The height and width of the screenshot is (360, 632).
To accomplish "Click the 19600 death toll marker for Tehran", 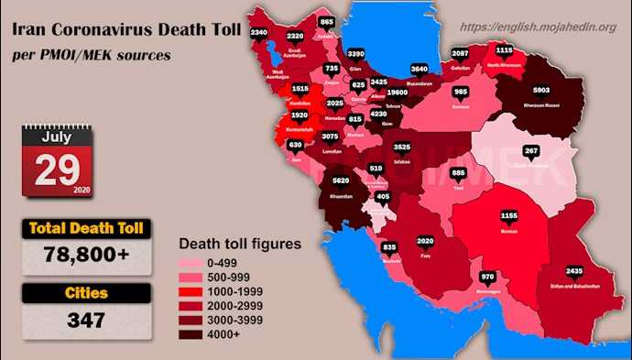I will coord(423,92).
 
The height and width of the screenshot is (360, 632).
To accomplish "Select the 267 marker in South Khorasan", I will coord(529,151).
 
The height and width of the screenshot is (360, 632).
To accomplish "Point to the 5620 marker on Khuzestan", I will coord(339,182).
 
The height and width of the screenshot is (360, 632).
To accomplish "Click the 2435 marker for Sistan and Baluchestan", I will coord(574,271).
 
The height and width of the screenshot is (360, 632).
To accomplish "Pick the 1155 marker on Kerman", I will coord(509,215).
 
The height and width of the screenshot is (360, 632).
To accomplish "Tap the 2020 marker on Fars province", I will coord(425,242).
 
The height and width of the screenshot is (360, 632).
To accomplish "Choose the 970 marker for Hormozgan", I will coord(487,276).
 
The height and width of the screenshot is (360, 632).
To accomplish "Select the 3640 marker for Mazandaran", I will coord(420,69).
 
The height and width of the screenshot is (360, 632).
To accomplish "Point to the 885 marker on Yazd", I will coord(459,173).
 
